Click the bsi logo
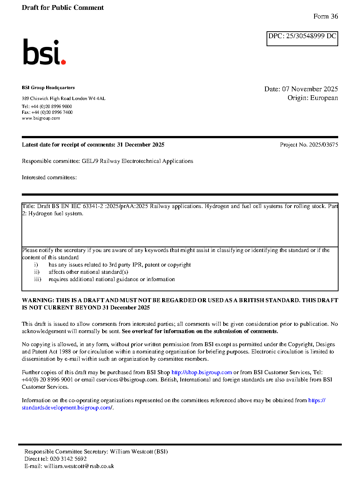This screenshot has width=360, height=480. [44, 52]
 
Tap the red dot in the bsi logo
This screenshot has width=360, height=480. [64, 62]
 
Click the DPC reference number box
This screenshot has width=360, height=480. [302, 39]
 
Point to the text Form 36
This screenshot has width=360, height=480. [325, 16]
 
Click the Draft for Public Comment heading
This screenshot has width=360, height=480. [63, 8]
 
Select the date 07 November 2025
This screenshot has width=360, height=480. [310, 89]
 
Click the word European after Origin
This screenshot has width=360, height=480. [324, 98]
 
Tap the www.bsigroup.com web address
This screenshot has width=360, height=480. [41, 118]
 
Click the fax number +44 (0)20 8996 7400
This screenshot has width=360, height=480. [52, 112]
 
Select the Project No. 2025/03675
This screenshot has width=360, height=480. [309, 145]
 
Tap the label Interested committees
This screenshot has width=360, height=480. [49, 177]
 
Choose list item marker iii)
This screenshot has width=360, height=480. [37, 279]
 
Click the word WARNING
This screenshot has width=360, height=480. [38, 300]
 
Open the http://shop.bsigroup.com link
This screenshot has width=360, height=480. [201, 372]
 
